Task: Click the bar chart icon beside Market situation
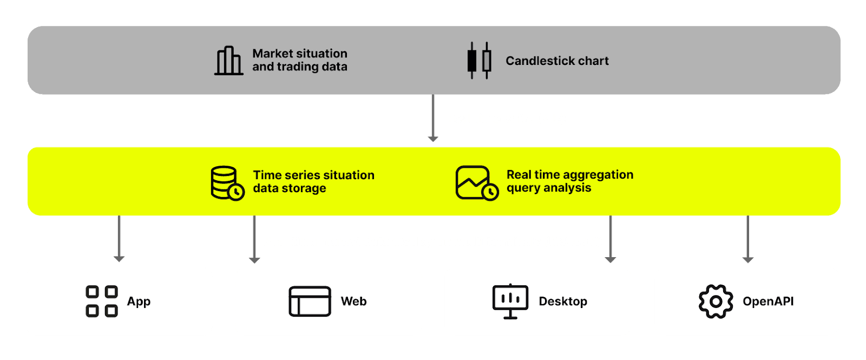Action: pos(228,61)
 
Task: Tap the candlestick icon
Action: pos(479,61)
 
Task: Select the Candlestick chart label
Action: pos(557,61)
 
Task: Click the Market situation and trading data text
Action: pos(299,60)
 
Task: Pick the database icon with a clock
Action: pos(227,183)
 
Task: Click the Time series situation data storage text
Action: pos(313,181)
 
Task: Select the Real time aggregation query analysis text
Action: pos(569,181)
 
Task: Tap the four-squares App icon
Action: pos(102,301)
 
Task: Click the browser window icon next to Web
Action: pos(310,301)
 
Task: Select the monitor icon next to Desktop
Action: pos(510,301)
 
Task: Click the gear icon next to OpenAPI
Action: pos(716,301)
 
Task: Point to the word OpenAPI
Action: pos(768,301)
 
